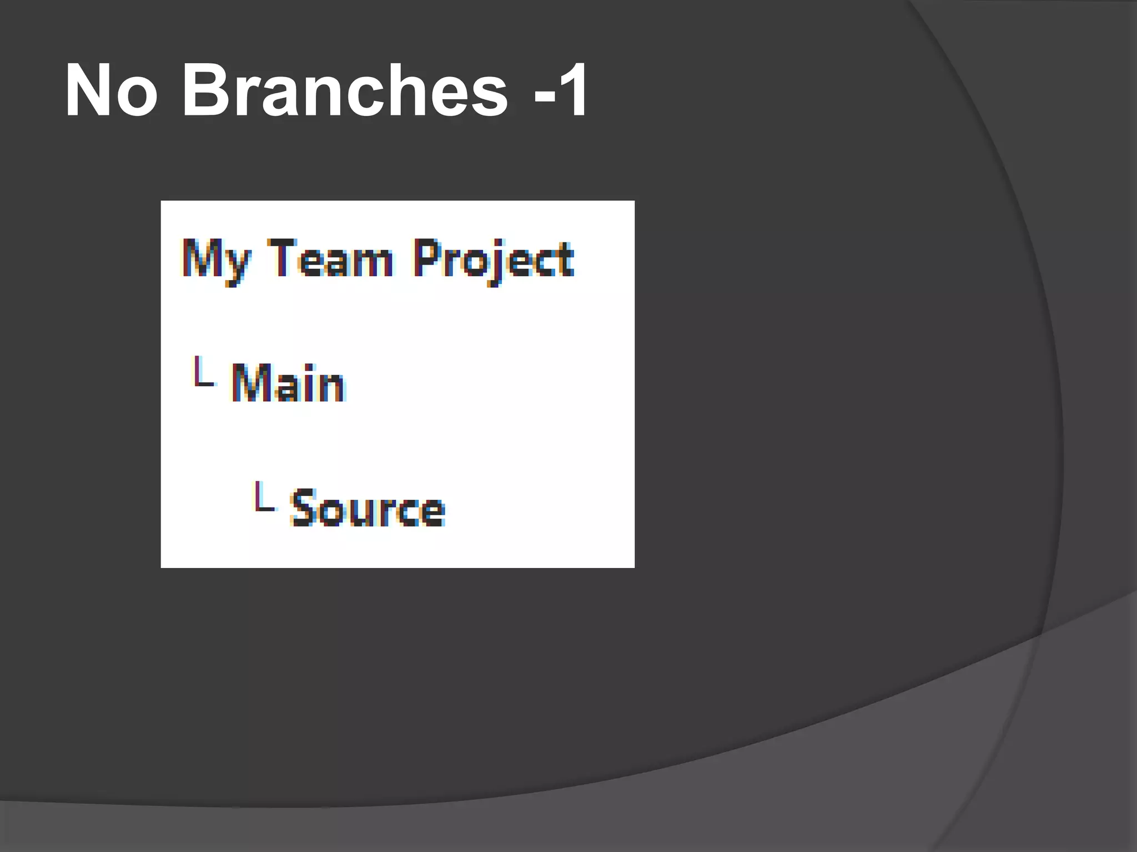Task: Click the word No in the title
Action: (x=111, y=90)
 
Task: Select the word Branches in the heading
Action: (x=345, y=90)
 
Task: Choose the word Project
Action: (x=493, y=260)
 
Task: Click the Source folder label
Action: (x=367, y=508)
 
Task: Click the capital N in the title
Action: (x=89, y=90)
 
